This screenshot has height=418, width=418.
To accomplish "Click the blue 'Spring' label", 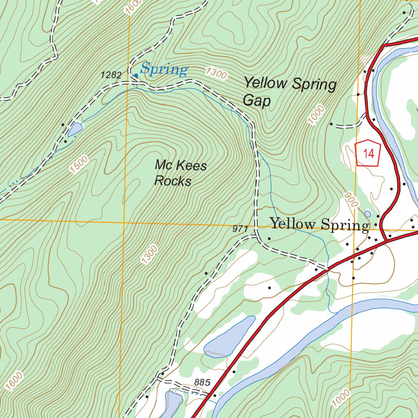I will point(164,70).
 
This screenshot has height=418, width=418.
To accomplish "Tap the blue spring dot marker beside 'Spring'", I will point(136,75).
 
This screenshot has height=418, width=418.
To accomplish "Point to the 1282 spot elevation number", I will point(111,75).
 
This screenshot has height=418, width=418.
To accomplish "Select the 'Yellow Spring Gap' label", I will point(290,92).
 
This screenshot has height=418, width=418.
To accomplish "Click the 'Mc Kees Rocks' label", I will point(180,173).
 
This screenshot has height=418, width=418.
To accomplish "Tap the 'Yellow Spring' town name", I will point(319,225).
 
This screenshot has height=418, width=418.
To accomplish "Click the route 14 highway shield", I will point(368,153).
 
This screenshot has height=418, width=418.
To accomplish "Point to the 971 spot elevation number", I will point(240,229).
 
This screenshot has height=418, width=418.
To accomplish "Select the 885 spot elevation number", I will point(202,383).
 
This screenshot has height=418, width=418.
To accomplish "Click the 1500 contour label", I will point(79,165).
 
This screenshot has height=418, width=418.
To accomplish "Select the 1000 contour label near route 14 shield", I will point(316,115).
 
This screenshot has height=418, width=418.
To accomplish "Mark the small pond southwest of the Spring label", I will point(75,129).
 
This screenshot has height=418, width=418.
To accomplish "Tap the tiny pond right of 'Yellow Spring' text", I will point(367,213).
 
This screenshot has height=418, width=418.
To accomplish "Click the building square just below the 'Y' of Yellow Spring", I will point(269,238).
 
